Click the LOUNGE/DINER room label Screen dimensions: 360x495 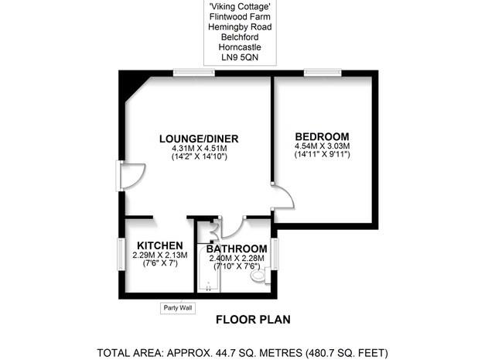point(199,139)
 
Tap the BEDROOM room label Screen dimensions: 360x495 point(322,135)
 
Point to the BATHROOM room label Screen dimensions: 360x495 point(237,249)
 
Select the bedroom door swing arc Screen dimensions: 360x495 point(283,197)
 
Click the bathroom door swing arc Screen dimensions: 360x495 point(232,226)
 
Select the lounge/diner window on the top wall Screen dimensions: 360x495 point(194,73)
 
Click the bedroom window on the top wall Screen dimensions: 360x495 point(323,73)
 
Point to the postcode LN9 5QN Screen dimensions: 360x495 point(237,58)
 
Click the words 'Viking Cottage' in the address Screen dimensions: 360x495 point(237,8)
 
